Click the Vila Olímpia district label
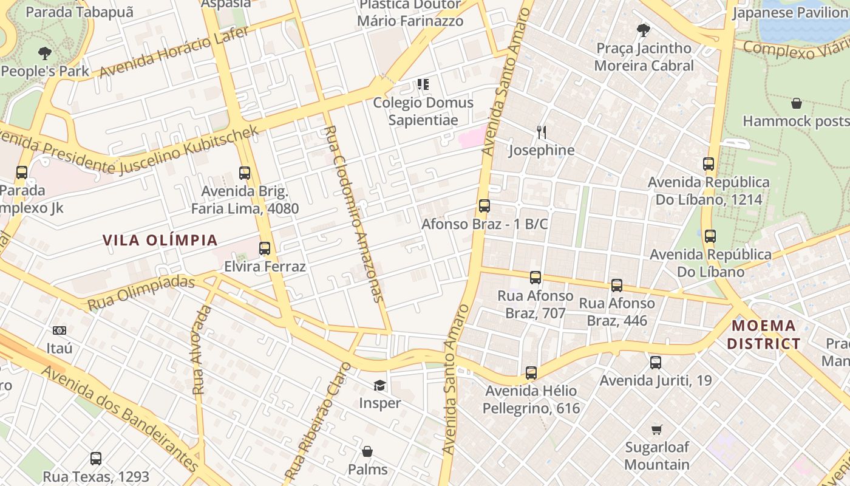160,240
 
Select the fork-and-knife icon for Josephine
542,131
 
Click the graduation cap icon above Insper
379,385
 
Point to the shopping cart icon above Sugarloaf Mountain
656,430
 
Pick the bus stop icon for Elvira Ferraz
264,248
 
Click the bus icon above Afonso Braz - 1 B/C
484,206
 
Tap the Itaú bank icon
59,330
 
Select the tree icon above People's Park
44,53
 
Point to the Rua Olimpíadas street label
141,292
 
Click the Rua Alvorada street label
202,350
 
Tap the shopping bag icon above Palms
367,451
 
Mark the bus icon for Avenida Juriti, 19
655,363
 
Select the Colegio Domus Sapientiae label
423,111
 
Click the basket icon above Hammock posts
796,103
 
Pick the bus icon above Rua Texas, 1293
95,459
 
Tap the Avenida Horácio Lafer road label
174,52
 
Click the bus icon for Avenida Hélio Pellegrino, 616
531,372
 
